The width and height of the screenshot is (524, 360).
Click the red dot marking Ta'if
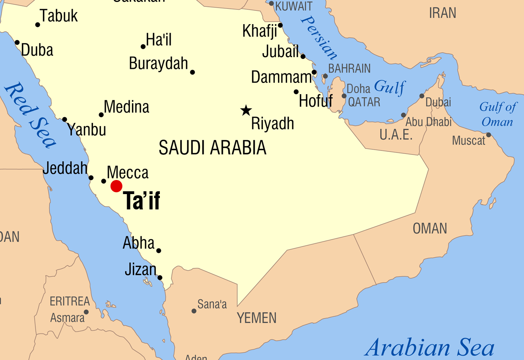pyautogui.click(x=116, y=186)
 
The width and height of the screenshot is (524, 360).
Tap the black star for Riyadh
pyautogui.click(x=246, y=110)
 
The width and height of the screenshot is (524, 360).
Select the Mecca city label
pyautogui.click(x=128, y=172)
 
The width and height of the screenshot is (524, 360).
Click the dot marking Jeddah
pyautogui.click(x=91, y=178)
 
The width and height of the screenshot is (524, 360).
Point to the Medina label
pyautogui.click(x=126, y=107)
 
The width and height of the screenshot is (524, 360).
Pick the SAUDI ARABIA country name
pyautogui.click(x=212, y=148)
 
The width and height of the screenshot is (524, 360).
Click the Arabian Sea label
pyautogui.click(x=429, y=347)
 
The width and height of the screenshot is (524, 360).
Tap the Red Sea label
pyautogui.click(x=30, y=115)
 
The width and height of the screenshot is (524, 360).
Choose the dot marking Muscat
pyautogui.click(x=489, y=135)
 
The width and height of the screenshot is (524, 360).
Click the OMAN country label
pyautogui.click(x=430, y=229)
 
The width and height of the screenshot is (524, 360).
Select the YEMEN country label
pyautogui.click(x=256, y=318)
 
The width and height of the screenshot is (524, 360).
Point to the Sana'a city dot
pyautogui.click(x=194, y=311)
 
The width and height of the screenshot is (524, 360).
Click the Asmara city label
pyautogui.click(x=68, y=318)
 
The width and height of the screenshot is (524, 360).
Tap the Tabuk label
pyautogui.click(x=59, y=16)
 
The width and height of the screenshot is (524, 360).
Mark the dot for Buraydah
pyautogui.click(x=192, y=72)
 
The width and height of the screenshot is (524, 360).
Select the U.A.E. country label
pyautogui.click(x=396, y=135)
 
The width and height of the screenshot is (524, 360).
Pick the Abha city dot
pyautogui.click(x=159, y=250)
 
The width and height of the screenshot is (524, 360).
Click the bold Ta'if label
pyautogui.click(x=141, y=201)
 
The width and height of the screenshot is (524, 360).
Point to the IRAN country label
pyautogui.click(x=443, y=13)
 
